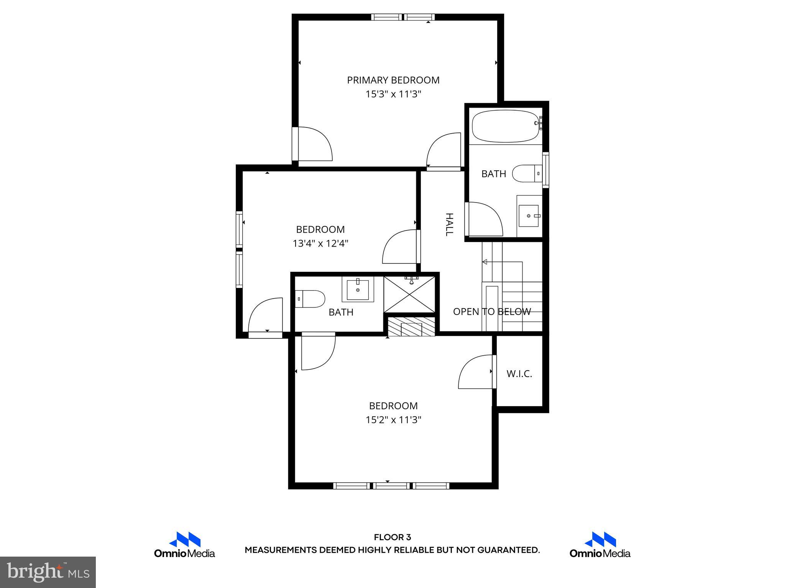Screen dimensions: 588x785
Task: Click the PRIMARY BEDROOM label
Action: pos(393,80)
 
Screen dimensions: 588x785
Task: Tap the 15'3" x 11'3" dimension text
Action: pos(393,94)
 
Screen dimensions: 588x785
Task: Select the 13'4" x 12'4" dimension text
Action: pos(320,243)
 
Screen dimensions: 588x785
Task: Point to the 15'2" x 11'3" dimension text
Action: pos(393,420)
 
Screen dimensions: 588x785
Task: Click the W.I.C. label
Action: pos(519,374)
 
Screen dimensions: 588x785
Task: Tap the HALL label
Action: pos(449,225)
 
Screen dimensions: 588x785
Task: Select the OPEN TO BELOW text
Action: pos(492,312)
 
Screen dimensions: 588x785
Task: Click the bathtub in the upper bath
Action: pos(505,126)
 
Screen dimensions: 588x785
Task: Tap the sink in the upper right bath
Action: pos(529,216)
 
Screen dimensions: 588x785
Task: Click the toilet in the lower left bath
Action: pos(310,299)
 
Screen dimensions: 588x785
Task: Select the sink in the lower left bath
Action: pos(358,290)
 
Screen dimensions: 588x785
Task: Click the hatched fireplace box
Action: pos(411,327)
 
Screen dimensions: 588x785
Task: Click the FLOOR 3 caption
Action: pos(392,537)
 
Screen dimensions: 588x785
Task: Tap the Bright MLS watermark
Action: pos(48,572)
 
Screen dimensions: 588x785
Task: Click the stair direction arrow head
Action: pos(485,262)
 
